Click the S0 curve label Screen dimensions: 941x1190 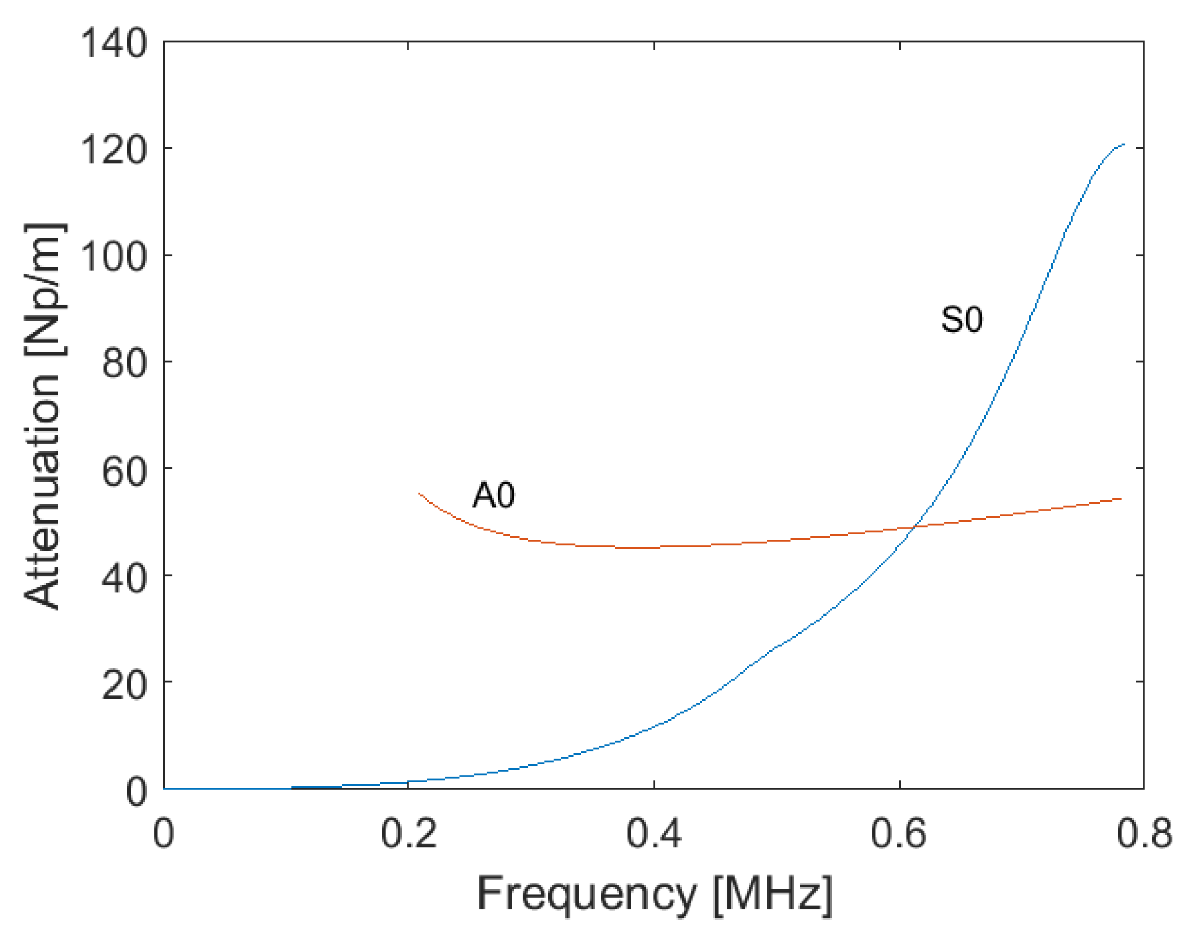(x=962, y=319)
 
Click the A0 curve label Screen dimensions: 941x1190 (x=494, y=496)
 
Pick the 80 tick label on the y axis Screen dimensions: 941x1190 (x=125, y=362)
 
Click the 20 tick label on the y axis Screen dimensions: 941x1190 (x=125, y=683)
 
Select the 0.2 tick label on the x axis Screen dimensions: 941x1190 (x=408, y=835)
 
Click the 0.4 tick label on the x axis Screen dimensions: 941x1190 (x=654, y=835)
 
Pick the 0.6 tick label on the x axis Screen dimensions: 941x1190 (x=899, y=835)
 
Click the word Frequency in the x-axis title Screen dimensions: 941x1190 (x=587, y=894)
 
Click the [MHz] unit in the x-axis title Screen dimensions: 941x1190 (x=773, y=894)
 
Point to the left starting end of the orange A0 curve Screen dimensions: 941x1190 (x=419, y=494)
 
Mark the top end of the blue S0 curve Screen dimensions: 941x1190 (x=1124, y=145)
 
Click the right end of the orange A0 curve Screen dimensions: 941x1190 (x=1120, y=499)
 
